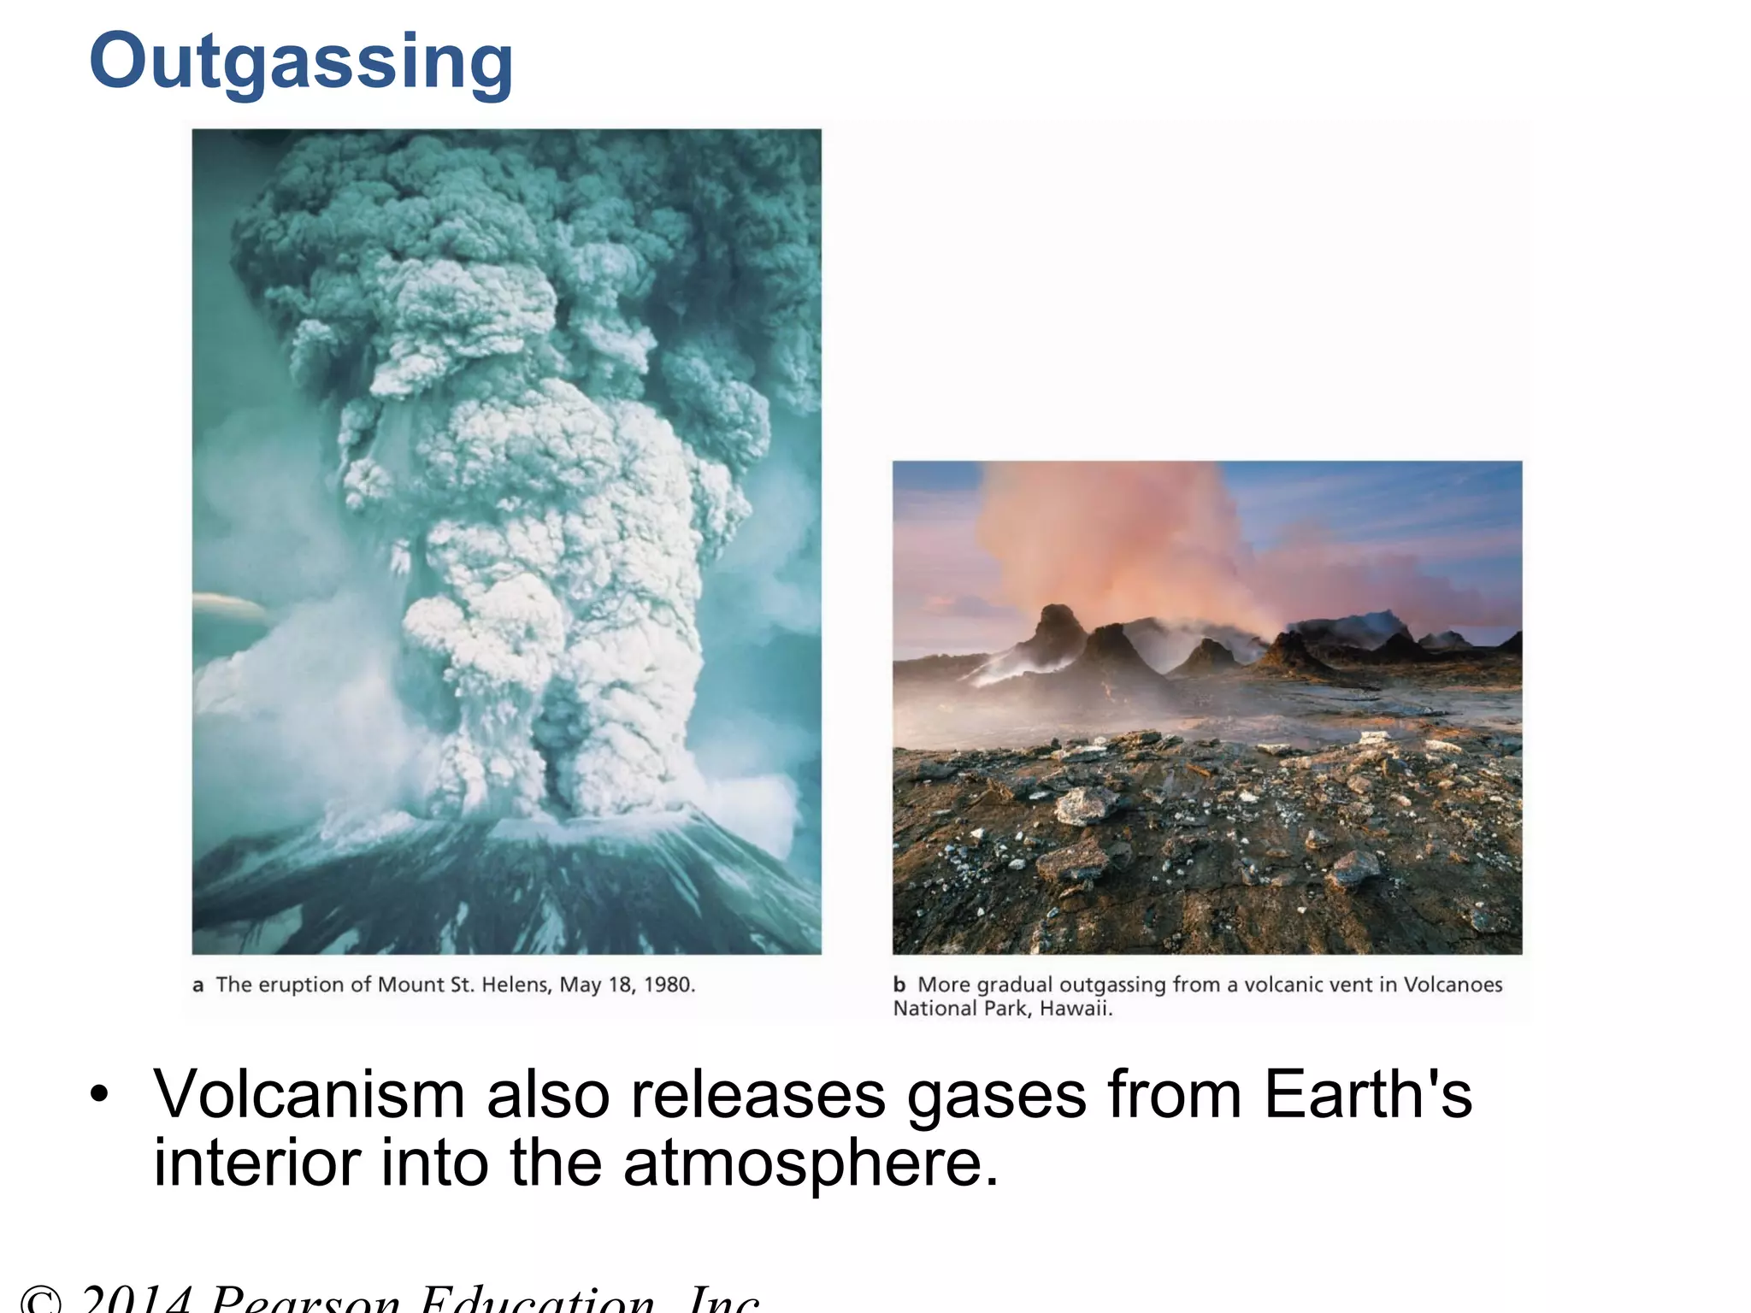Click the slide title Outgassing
click(301, 62)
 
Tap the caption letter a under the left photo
click(198, 986)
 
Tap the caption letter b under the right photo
click(899, 985)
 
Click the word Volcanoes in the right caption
click(1453, 985)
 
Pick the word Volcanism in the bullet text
click(309, 1094)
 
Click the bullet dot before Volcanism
click(100, 1095)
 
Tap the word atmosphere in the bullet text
click(811, 1164)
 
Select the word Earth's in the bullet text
click(1367, 1094)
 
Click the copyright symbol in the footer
click(41, 1301)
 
